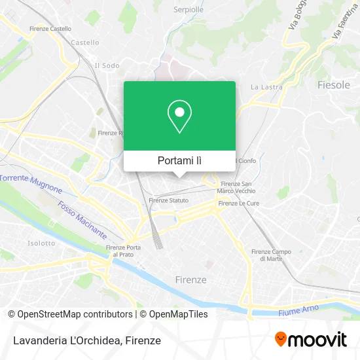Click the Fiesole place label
334,85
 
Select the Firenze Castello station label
50,29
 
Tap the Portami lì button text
179,160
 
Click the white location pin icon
179,116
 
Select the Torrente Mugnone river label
31,183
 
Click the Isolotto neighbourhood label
42,243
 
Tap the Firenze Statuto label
168,200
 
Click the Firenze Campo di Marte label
271,255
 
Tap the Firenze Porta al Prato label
123,251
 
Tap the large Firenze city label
190,279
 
